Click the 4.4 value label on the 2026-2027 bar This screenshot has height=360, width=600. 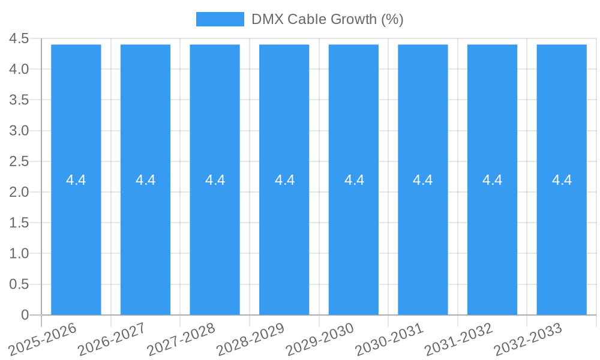(146, 180)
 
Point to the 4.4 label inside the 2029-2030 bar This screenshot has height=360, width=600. (354, 180)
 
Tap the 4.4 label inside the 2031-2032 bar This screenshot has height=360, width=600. (493, 180)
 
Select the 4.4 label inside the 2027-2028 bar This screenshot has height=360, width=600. (215, 180)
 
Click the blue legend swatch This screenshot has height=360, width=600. (220, 19)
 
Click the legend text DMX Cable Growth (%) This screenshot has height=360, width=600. (327, 19)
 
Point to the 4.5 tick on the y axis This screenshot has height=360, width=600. (19, 38)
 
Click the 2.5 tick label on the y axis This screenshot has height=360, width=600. (19, 161)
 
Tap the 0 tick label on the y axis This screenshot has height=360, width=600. (25, 315)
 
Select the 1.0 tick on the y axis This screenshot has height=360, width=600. (19, 254)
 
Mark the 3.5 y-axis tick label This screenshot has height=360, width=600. (19, 100)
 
